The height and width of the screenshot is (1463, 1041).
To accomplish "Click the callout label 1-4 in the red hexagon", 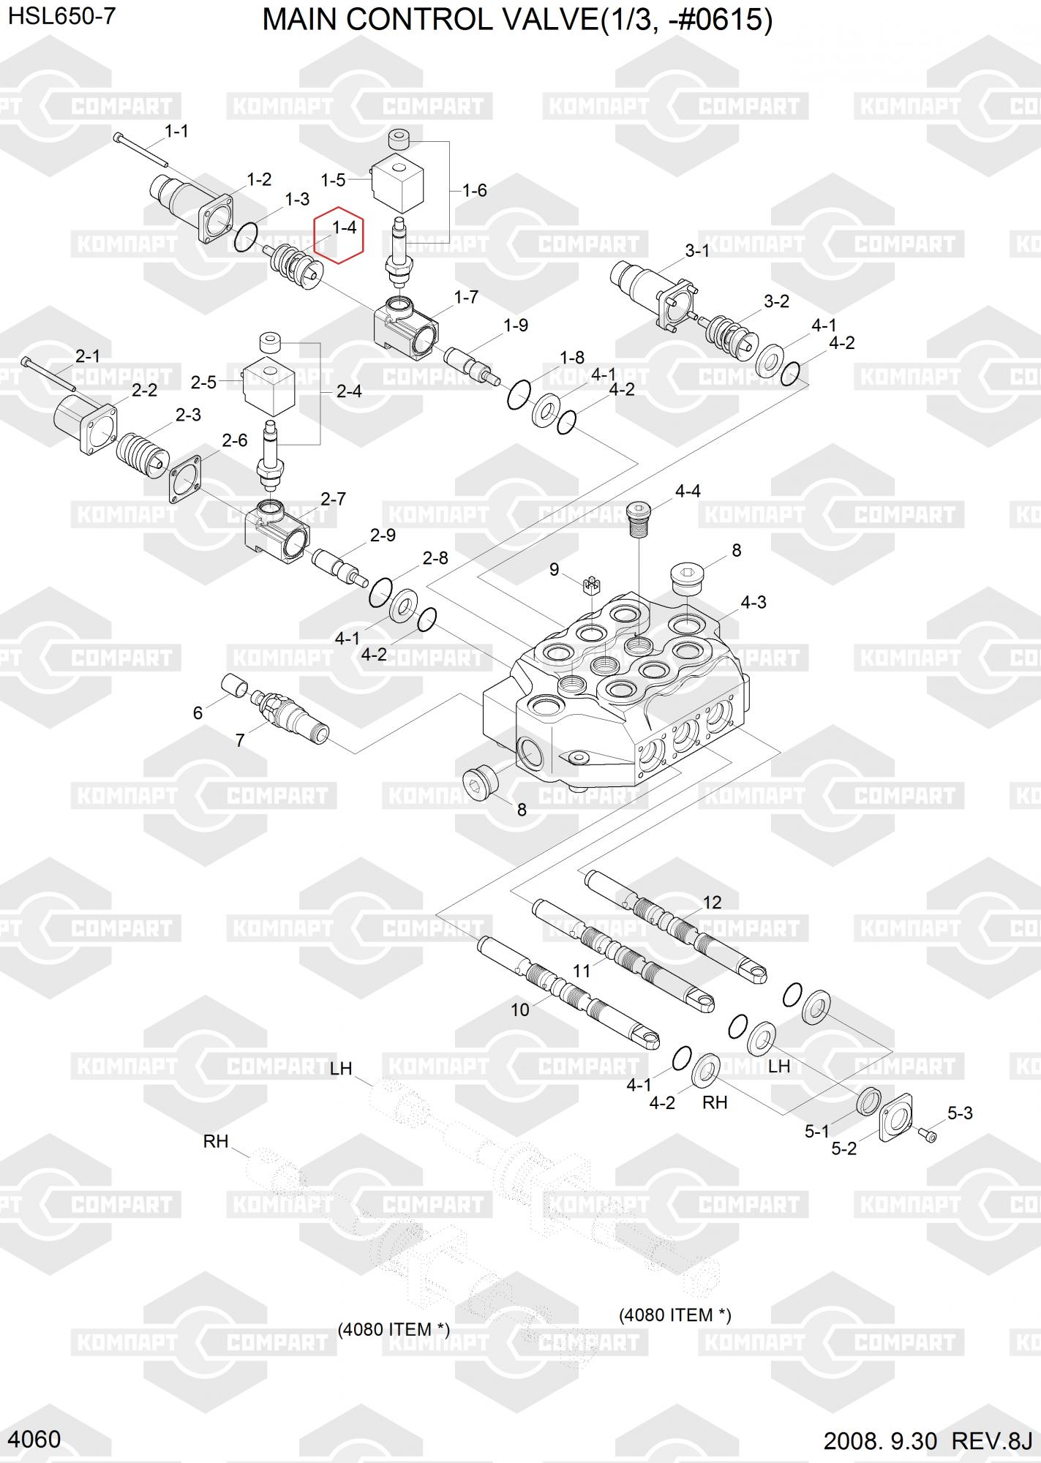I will (344, 227).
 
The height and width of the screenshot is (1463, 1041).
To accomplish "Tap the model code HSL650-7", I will (61, 16).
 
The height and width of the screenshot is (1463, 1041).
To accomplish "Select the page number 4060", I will (36, 1439).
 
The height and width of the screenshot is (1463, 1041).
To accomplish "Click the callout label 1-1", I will (176, 131).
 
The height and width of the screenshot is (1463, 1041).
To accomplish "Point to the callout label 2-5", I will (203, 382).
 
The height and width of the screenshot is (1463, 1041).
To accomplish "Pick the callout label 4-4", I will (687, 491).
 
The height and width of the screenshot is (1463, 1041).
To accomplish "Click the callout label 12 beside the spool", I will (712, 903).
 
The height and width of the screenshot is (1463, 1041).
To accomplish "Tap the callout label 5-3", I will (959, 1113).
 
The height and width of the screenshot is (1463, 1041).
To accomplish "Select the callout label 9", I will (555, 569).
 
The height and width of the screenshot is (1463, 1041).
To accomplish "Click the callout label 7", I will (240, 740).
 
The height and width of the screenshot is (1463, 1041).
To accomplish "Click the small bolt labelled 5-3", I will (928, 1135).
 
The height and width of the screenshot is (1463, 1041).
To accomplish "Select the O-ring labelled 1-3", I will (247, 236).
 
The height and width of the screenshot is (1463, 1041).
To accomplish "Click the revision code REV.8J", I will (991, 1441).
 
